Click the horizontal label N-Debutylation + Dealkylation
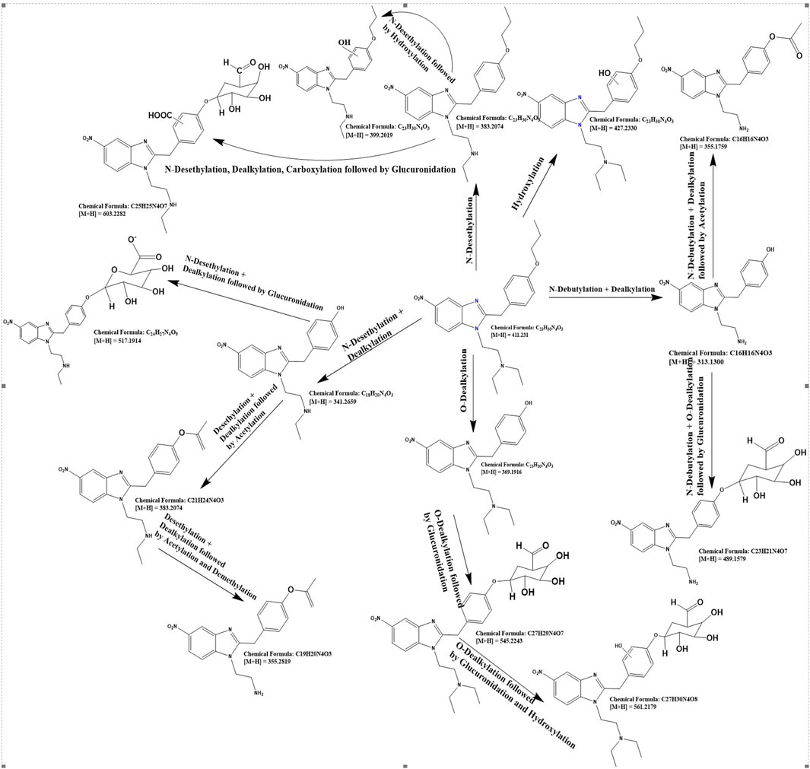(x=601, y=289)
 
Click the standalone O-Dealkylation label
(x=462, y=389)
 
